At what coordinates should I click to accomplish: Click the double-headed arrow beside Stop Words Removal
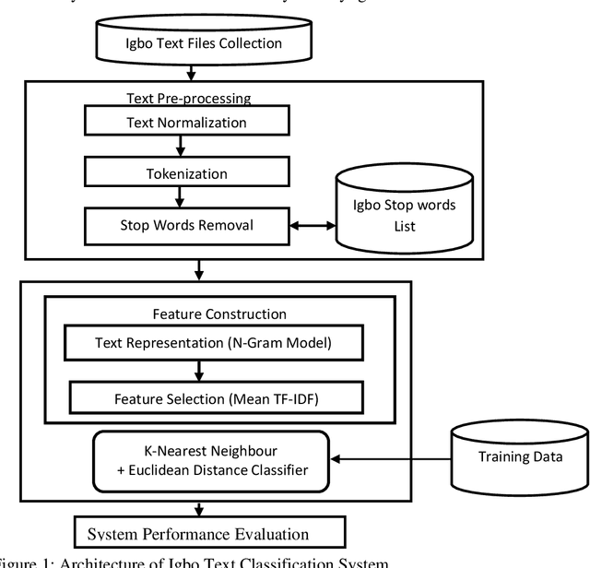[x=312, y=224]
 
